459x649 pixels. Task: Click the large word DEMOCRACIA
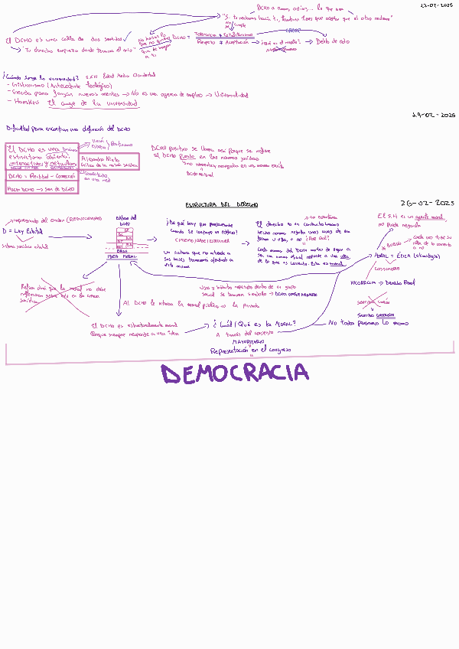pos(235,374)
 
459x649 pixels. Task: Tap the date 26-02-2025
pos(426,203)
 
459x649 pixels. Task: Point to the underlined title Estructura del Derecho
pos(222,205)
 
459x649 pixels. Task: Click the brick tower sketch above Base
pos(123,236)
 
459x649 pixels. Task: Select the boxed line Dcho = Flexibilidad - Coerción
pos(41,175)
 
